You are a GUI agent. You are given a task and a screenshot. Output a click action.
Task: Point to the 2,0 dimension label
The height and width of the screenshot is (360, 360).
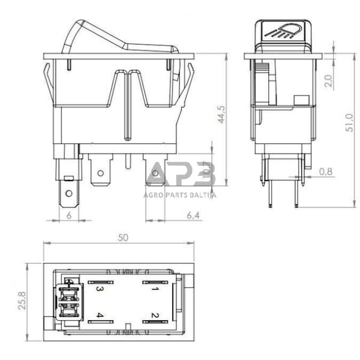(x=329, y=81)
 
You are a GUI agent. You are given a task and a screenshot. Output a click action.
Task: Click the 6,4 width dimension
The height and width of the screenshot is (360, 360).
(x=193, y=215)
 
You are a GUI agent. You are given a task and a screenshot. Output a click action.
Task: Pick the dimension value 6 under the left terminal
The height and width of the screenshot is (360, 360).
(x=69, y=215)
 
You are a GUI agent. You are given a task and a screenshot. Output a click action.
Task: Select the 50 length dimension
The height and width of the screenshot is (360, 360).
(x=124, y=239)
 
